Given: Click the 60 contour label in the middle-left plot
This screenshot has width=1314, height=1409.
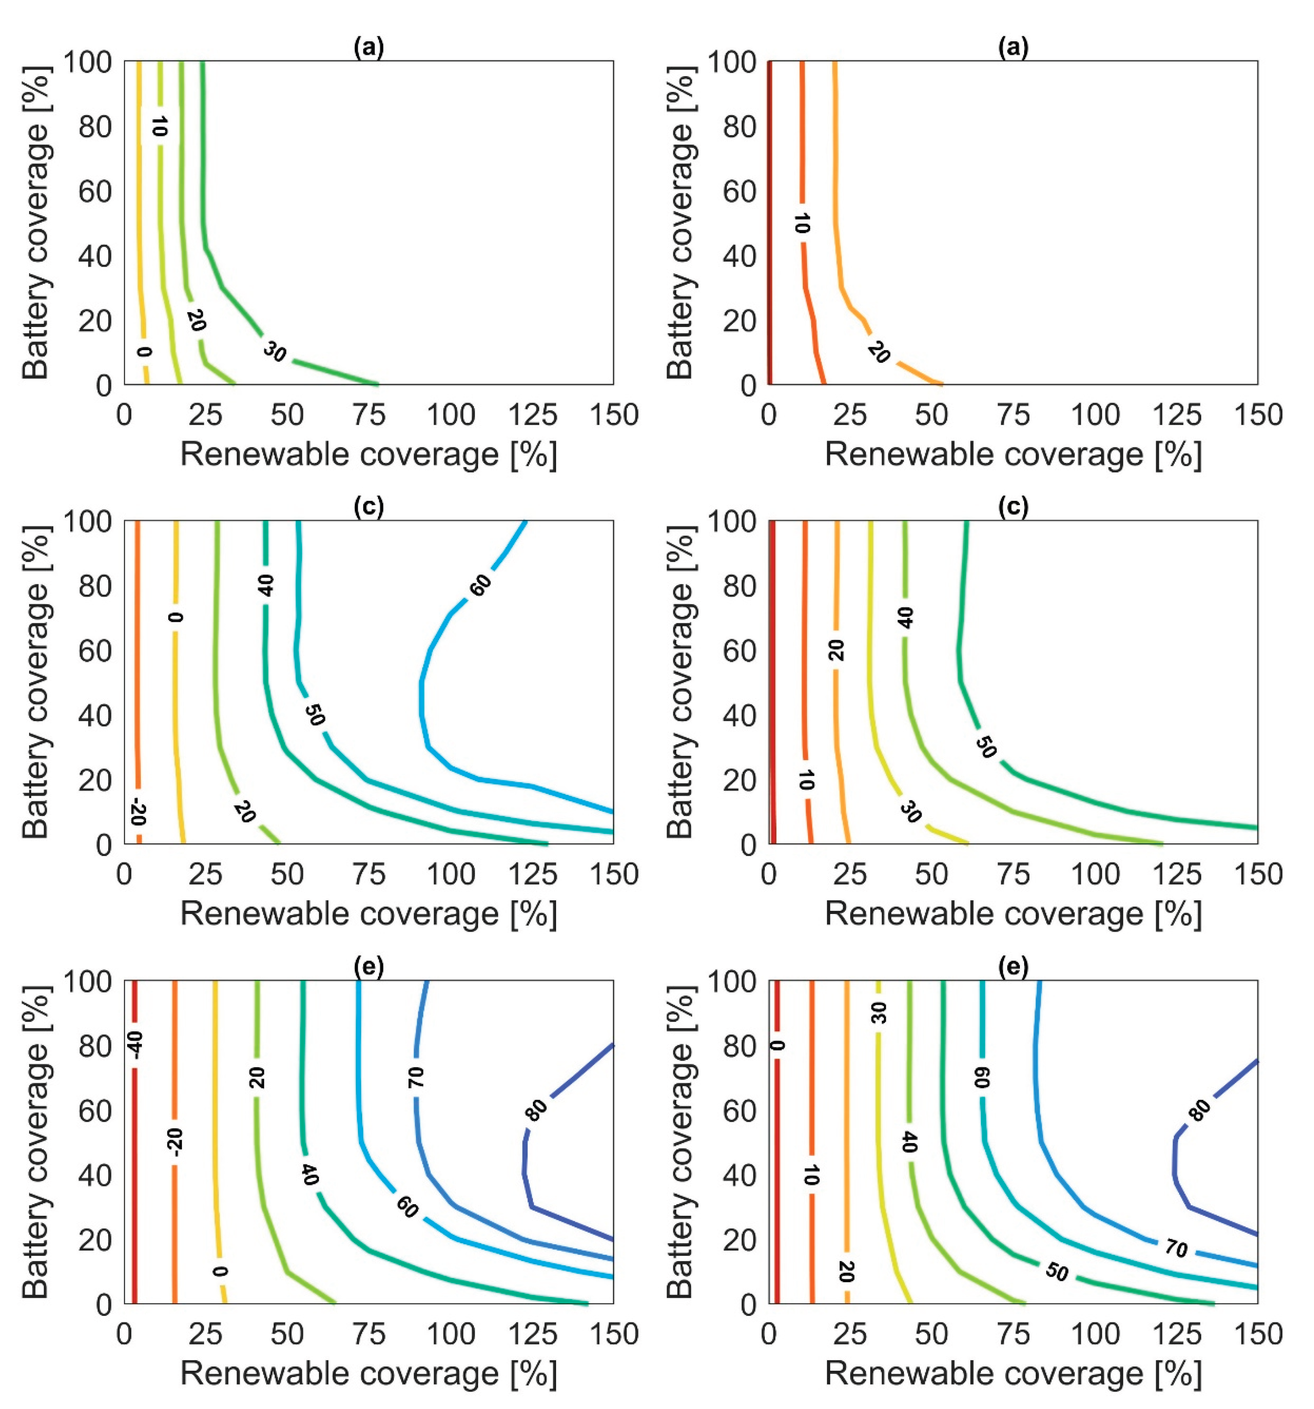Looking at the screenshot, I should [480, 585].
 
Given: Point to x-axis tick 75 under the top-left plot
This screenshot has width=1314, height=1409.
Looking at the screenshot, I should [369, 415].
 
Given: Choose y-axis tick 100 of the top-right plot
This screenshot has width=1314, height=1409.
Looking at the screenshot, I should [728, 62].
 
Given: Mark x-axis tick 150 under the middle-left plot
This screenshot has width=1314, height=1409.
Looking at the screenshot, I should [612, 875].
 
